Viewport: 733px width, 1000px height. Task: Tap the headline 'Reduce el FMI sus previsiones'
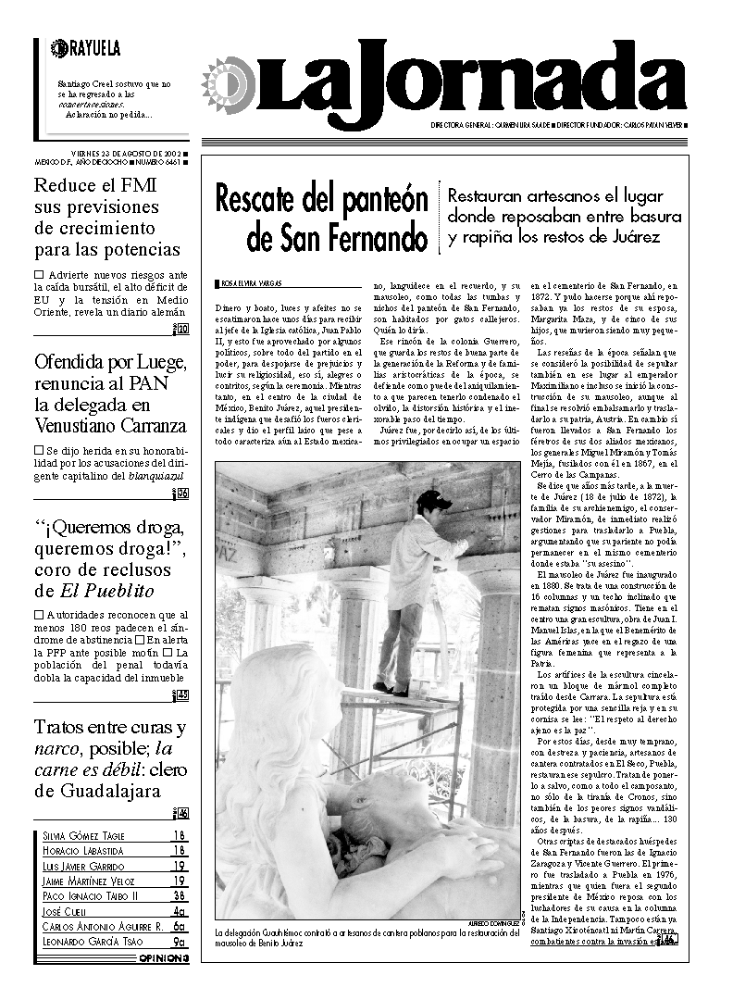point(107,217)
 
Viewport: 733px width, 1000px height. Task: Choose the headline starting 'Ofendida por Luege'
point(110,394)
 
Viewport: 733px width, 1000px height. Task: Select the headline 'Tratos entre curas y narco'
point(110,758)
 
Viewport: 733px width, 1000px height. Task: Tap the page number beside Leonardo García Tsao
point(180,942)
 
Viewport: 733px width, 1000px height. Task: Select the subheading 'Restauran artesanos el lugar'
point(564,217)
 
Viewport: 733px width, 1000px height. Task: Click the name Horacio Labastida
point(84,850)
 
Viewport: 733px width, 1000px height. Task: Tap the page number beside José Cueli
point(180,911)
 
